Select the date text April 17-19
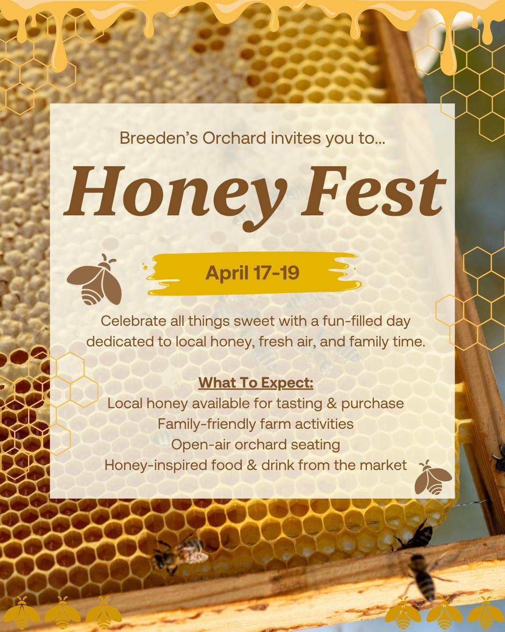point(252,273)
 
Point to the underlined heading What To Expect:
point(255,382)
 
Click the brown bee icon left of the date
point(95,280)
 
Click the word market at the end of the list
point(383,465)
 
